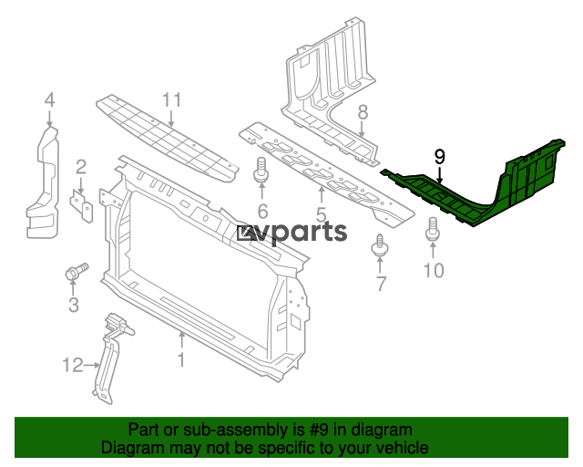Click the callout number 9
click(x=439, y=157)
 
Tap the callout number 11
click(x=172, y=99)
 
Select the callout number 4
click(x=50, y=100)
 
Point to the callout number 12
click(x=73, y=366)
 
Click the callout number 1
click(x=181, y=360)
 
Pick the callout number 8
click(x=363, y=112)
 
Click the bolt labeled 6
click(x=261, y=170)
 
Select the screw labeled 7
click(x=379, y=245)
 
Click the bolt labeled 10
click(x=433, y=229)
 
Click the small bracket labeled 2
click(x=81, y=206)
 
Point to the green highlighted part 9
click(x=473, y=183)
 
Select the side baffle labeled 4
click(x=43, y=182)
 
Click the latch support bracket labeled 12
click(x=108, y=358)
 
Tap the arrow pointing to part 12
click(x=92, y=366)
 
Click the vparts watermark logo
click(x=291, y=233)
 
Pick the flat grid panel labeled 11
click(x=168, y=139)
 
